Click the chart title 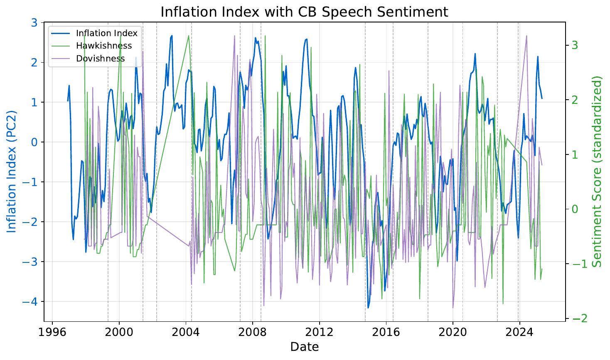pyautogui.click(x=304, y=11)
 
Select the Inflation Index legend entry pyautogui.click(x=106, y=33)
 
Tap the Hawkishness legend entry pyautogui.click(x=103, y=46)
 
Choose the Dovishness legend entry pyautogui.click(x=100, y=59)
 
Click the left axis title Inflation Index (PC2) pyautogui.click(x=12, y=171)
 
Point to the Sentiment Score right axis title pyautogui.click(x=597, y=171)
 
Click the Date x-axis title pyautogui.click(x=304, y=347)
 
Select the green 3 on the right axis pyautogui.click(x=575, y=45)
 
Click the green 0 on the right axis pyautogui.click(x=575, y=209)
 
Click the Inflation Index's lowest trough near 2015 pyautogui.click(x=368, y=308)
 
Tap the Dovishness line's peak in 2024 pyautogui.click(x=526, y=36)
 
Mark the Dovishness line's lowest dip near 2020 pyautogui.click(x=453, y=308)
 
